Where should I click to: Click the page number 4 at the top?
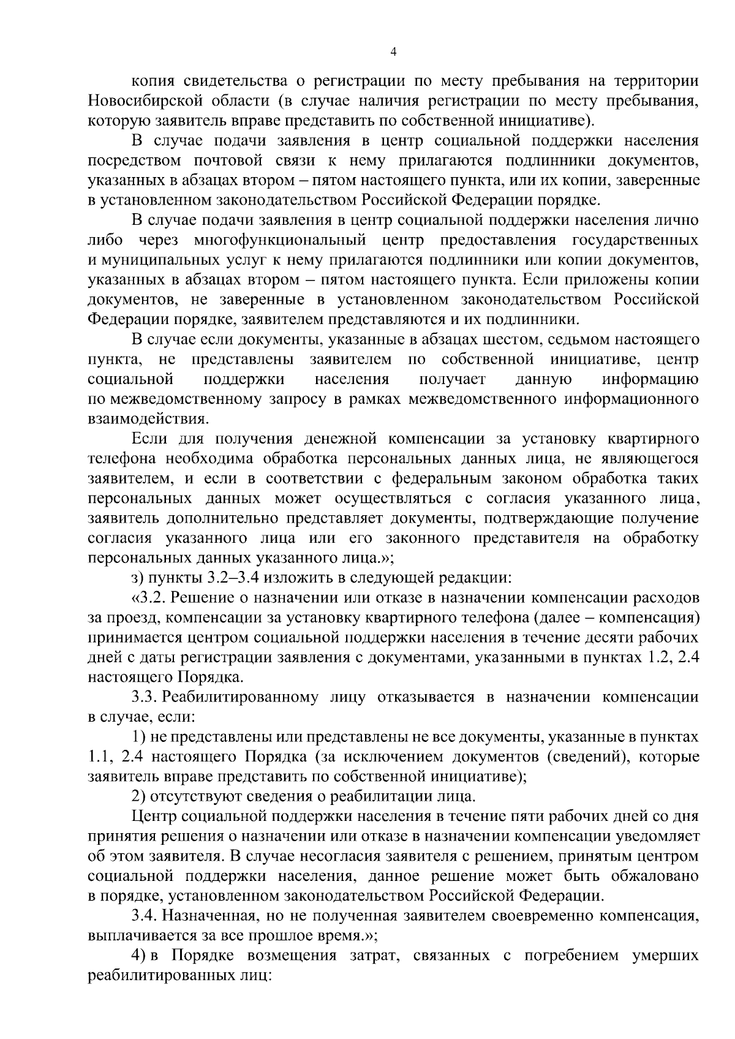point(393,53)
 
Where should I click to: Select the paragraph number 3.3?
point(145,697)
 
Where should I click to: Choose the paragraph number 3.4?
point(145,916)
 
